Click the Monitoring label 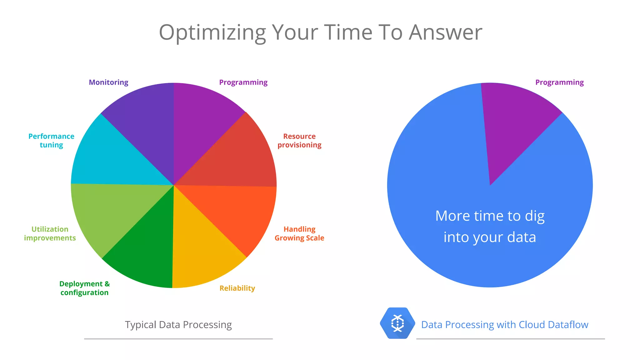tap(108, 82)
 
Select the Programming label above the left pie tap(243, 82)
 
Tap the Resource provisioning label tap(299, 141)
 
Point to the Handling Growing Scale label tap(299, 233)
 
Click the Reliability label tap(237, 288)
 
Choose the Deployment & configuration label tap(84, 288)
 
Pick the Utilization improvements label tap(50, 233)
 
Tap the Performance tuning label tap(51, 141)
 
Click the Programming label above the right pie tap(559, 82)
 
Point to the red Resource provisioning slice tap(237, 156)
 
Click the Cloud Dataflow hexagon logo tap(397, 323)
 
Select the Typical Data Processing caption tap(178, 325)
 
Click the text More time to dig tap(490, 216)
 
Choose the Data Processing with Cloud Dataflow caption tap(504, 325)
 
